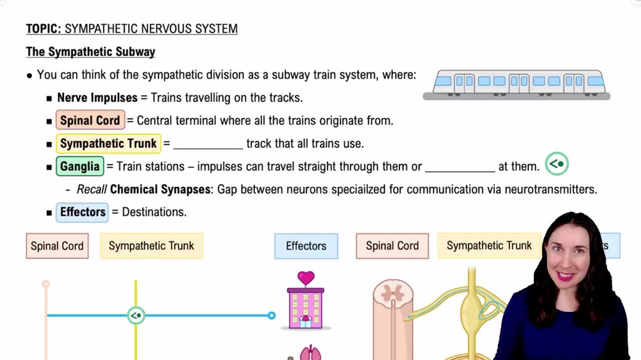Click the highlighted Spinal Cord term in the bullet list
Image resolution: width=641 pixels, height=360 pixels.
click(x=90, y=120)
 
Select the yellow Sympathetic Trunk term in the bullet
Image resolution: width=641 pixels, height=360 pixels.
click(x=108, y=143)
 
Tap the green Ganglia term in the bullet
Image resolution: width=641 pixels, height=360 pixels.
click(x=80, y=167)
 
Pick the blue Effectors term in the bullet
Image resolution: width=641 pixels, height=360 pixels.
click(x=83, y=212)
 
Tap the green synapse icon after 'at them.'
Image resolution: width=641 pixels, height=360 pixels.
click(x=556, y=165)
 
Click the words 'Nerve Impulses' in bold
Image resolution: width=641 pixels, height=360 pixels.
click(x=97, y=98)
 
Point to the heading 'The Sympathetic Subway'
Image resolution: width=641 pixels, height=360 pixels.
click(x=90, y=52)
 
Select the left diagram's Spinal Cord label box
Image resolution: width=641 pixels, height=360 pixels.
click(x=57, y=246)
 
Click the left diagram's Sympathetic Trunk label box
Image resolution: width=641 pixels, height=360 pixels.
click(x=151, y=246)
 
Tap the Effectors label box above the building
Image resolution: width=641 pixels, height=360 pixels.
click(x=306, y=246)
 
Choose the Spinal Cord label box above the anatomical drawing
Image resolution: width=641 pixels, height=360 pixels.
click(x=392, y=246)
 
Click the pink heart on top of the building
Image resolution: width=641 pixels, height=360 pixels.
click(x=306, y=278)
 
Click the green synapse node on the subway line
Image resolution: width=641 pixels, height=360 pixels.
click(x=136, y=315)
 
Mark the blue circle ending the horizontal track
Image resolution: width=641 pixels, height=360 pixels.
click(x=272, y=315)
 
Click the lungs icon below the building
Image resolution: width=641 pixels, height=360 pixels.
click(x=310, y=352)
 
